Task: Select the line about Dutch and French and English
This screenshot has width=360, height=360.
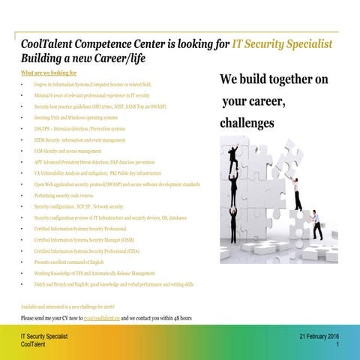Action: tap(113, 284)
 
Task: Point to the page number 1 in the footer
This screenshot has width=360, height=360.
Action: tap(339, 346)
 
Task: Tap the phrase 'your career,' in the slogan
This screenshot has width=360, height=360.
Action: tap(251, 100)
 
